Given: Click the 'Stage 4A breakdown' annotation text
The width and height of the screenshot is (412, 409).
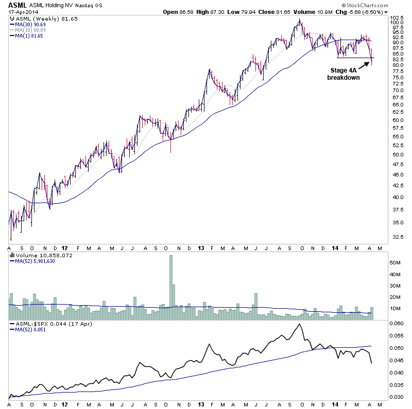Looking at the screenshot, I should point(344,74).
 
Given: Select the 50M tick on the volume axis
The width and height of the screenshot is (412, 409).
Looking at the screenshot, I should point(396,262).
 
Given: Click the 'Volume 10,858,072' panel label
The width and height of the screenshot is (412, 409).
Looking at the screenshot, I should point(37,255).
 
